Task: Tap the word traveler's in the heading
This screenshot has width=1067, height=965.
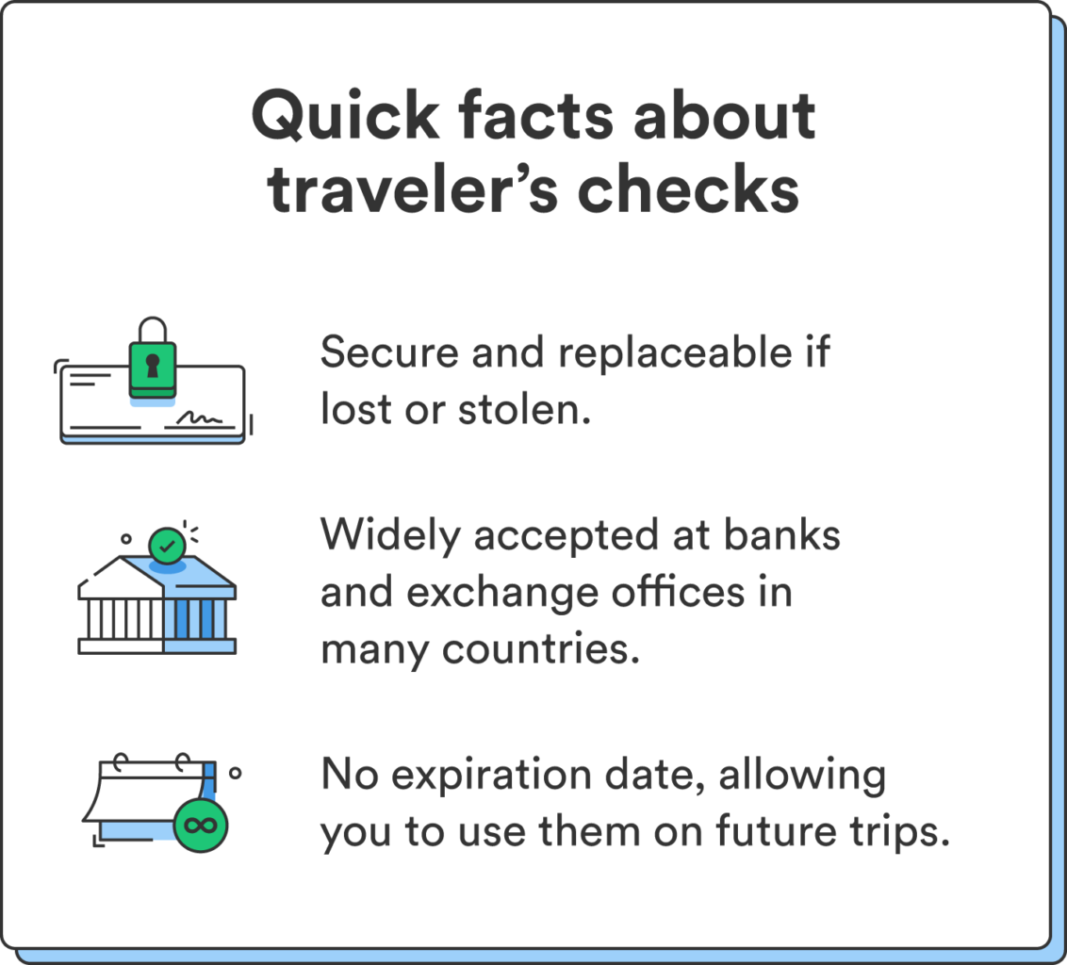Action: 408,188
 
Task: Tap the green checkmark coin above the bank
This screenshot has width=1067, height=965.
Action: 167,545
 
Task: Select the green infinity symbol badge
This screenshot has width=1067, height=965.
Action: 201,826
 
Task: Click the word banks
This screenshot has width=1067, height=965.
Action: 780,536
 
